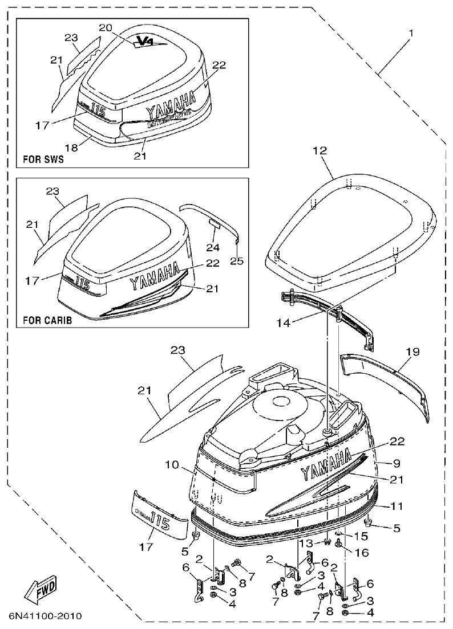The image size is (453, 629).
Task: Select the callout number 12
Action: tap(319, 152)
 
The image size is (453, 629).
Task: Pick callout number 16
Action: tap(362, 553)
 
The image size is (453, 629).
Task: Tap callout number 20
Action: tap(106, 27)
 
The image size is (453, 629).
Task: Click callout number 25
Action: tap(236, 261)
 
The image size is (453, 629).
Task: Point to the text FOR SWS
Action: tap(43, 160)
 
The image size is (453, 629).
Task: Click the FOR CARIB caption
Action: tap(47, 320)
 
